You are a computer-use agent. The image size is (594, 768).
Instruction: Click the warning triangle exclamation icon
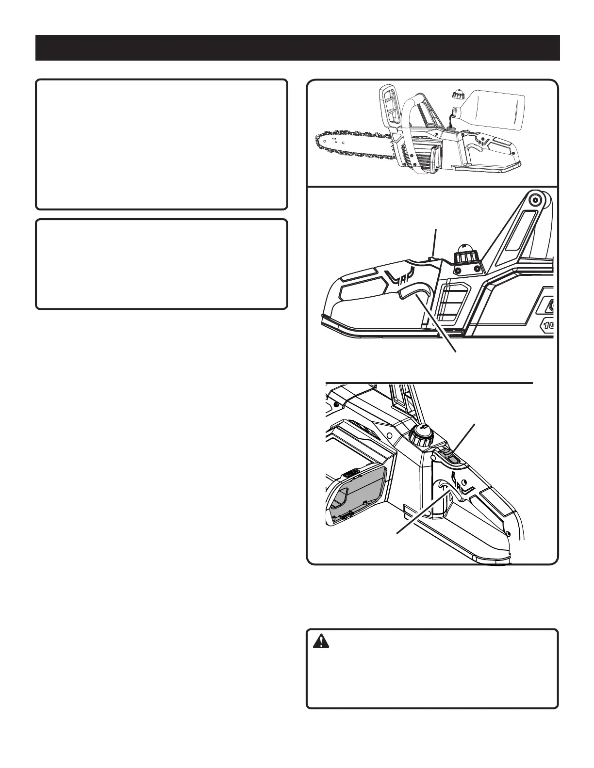pos(321,641)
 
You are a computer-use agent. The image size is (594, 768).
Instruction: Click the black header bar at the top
pos(297,48)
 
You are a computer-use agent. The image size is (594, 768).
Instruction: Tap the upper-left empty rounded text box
pos(162,144)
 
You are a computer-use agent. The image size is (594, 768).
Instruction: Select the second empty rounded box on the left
pos(162,264)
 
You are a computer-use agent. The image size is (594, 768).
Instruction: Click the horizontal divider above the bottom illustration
pos(429,383)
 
